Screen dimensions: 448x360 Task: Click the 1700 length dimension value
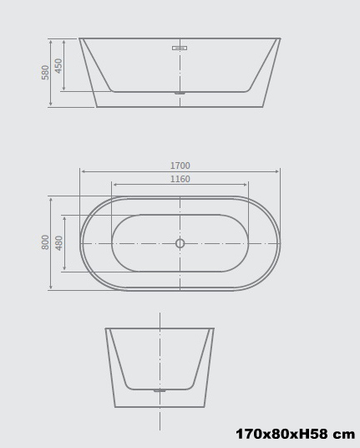pyautogui.click(x=180, y=166)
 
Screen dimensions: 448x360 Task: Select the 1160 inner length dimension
pyautogui.click(x=180, y=180)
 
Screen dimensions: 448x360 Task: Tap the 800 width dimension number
pyautogui.click(x=46, y=242)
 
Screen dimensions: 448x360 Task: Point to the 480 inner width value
pyautogui.click(x=59, y=242)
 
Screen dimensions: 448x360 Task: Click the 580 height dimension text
pyautogui.click(x=46, y=72)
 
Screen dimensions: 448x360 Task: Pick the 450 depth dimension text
pyautogui.click(x=59, y=65)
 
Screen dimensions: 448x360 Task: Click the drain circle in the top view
pyautogui.click(x=180, y=243)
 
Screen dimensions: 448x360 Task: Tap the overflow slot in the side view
pyautogui.click(x=180, y=48)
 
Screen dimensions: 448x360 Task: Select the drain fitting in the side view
pyautogui.click(x=180, y=93)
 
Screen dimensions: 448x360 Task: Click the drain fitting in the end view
pyautogui.click(x=160, y=390)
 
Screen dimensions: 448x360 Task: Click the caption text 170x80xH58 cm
pyautogui.click(x=295, y=435)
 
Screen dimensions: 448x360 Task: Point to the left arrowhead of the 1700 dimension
pyautogui.click(x=82, y=171)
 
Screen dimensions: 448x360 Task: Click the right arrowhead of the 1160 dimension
pyautogui.click(x=246, y=185)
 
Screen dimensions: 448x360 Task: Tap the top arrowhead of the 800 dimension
pyautogui.click(x=50, y=198)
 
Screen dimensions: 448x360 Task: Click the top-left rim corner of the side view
pyautogui.click(x=80, y=38)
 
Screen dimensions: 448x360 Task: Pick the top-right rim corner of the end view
pyautogui.click(x=214, y=328)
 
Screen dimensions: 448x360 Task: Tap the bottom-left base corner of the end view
pyautogui.click(x=115, y=407)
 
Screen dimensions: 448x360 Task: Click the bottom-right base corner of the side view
pyautogui.click(x=262, y=107)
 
